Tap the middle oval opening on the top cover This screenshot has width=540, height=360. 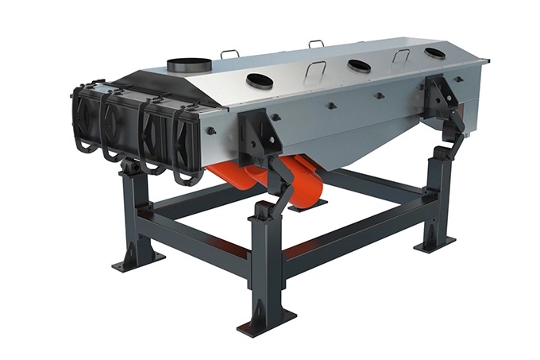point(358,64)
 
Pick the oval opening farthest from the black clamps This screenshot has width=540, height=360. point(434,53)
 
